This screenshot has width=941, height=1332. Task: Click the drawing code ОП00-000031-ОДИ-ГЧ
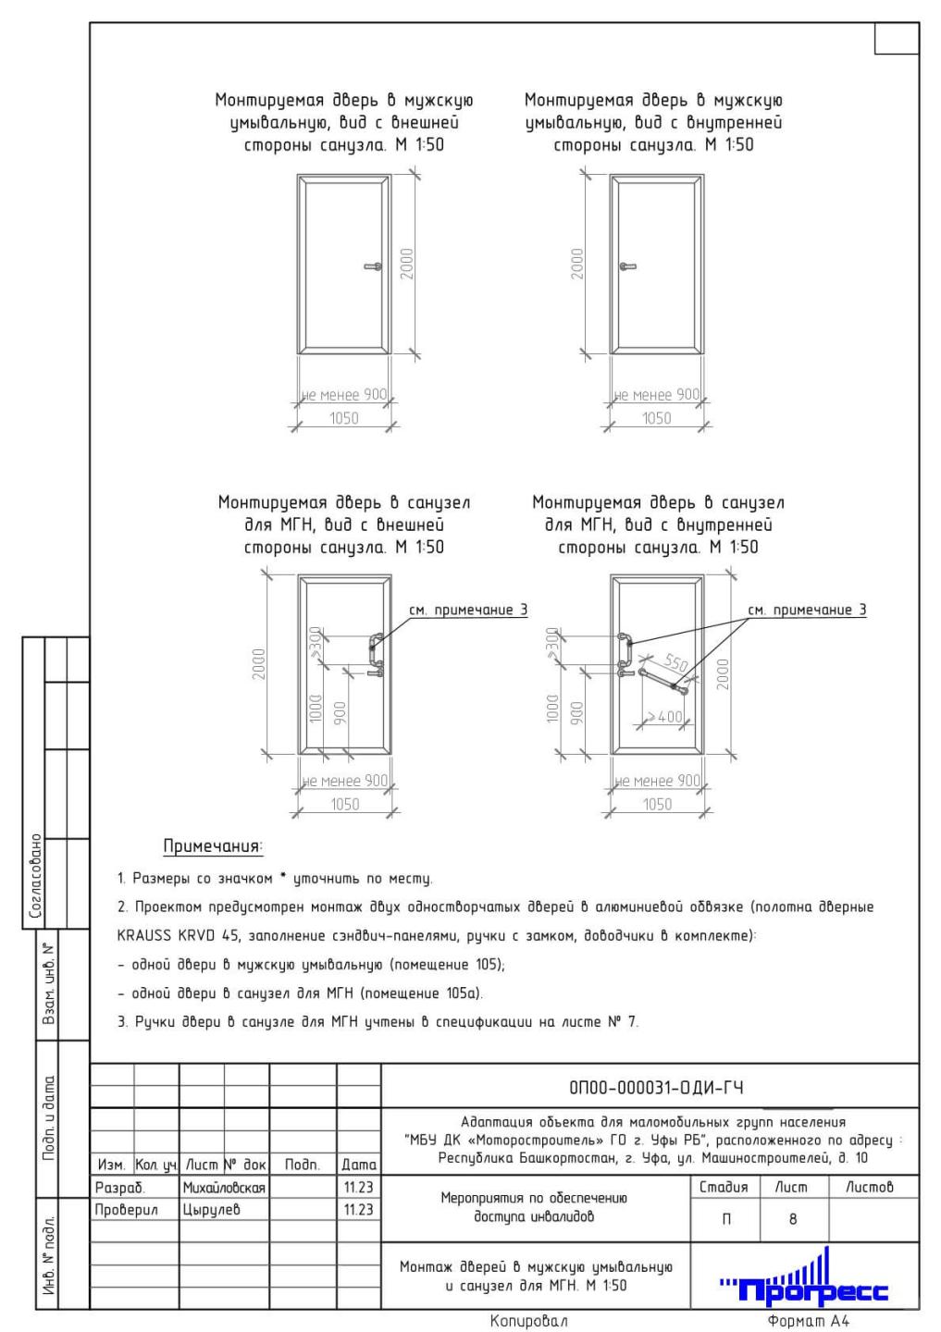[x=650, y=1087]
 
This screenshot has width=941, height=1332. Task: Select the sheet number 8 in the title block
[x=793, y=1219]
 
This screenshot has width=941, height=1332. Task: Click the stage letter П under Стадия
[x=725, y=1219]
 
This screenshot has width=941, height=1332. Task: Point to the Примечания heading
[x=213, y=846]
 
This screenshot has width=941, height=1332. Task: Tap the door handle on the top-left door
[x=372, y=266]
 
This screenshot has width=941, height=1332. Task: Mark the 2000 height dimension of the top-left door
[x=408, y=264]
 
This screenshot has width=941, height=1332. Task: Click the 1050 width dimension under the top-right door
[x=656, y=418]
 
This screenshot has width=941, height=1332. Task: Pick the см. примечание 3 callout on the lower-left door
[x=468, y=610]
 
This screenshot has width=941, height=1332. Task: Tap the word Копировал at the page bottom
[x=530, y=1321]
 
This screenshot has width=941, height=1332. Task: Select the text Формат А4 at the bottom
[x=808, y=1321]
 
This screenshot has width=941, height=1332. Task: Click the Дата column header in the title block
[x=359, y=1165]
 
